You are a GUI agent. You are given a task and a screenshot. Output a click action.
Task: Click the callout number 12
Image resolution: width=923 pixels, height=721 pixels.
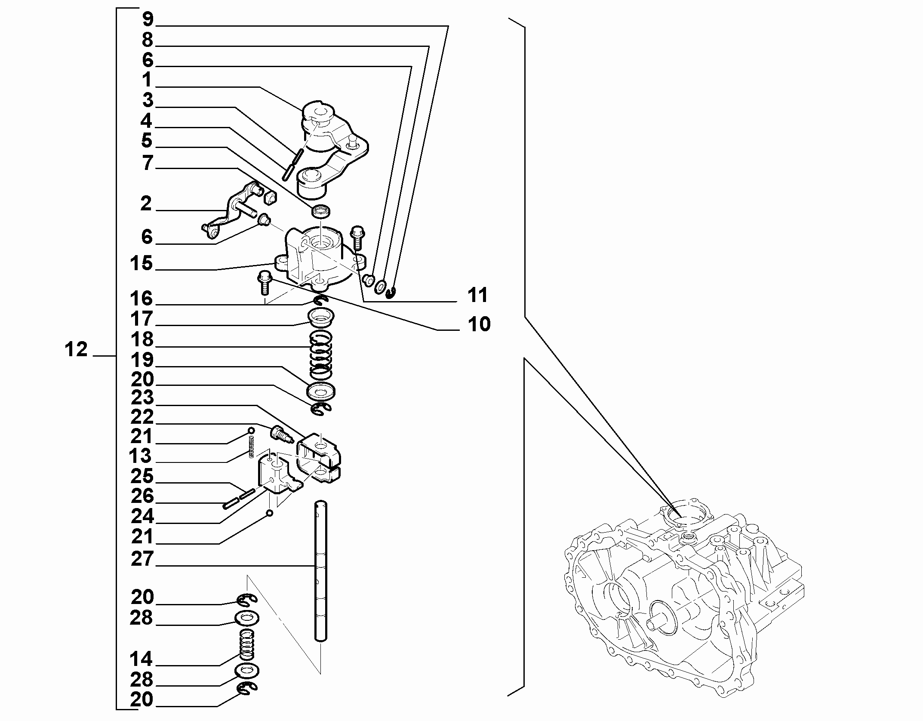[x=76, y=349]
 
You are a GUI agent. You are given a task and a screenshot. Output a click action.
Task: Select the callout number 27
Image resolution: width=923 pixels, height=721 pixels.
[x=142, y=559]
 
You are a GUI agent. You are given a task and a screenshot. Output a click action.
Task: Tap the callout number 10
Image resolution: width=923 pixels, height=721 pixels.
[x=479, y=324]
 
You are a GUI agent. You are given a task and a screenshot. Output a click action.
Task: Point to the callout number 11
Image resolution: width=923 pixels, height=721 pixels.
[x=478, y=295]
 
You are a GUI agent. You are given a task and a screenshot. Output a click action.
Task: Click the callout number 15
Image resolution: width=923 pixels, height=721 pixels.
[x=142, y=263]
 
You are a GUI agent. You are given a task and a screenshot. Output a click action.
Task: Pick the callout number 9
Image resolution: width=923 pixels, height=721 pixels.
[x=148, y=19]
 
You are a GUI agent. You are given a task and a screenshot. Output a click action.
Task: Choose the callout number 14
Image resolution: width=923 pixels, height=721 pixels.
[x=142, y=659]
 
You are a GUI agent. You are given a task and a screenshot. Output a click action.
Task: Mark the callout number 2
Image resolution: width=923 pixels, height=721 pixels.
[x=146, y=203]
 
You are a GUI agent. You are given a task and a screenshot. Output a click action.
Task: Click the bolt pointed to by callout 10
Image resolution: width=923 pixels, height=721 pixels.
[x=264, y=283]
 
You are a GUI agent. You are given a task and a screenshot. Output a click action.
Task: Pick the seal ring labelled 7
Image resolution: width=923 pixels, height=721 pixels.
[x=321, y=211]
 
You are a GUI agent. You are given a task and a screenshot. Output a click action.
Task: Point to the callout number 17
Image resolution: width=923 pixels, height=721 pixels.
[x=142, y=319]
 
